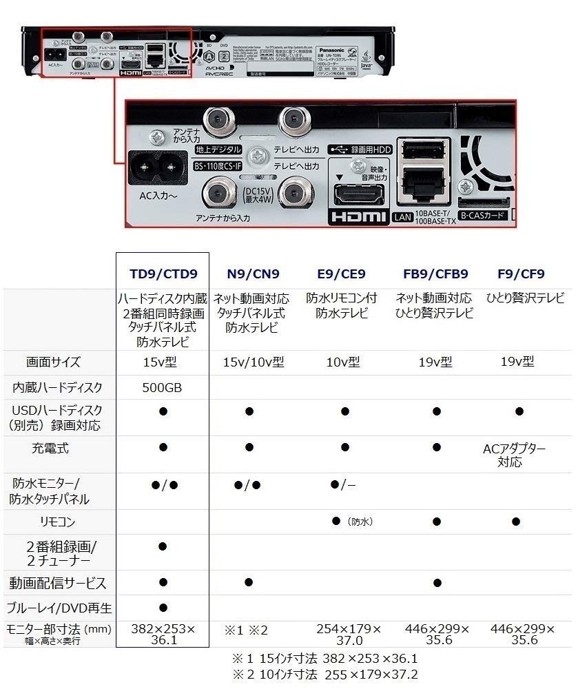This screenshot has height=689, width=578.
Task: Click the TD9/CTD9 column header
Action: [163, 274]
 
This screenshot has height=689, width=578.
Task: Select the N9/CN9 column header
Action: [253, 274]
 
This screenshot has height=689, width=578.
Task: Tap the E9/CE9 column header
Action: [342, 274]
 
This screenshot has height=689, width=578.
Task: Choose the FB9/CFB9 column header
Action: [435, 274]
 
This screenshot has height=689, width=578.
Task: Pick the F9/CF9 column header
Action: [521, 274]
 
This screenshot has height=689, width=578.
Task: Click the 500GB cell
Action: [163, 388]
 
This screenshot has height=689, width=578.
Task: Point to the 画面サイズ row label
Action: [53, 362]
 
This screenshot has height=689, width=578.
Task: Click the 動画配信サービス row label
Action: [58, 584]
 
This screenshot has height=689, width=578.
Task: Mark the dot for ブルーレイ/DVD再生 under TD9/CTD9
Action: [163, 608]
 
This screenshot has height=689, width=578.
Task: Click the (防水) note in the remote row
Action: [360, 522]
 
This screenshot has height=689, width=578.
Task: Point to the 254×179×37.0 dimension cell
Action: [349, 635]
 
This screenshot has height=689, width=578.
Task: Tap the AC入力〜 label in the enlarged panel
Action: [158, 196]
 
